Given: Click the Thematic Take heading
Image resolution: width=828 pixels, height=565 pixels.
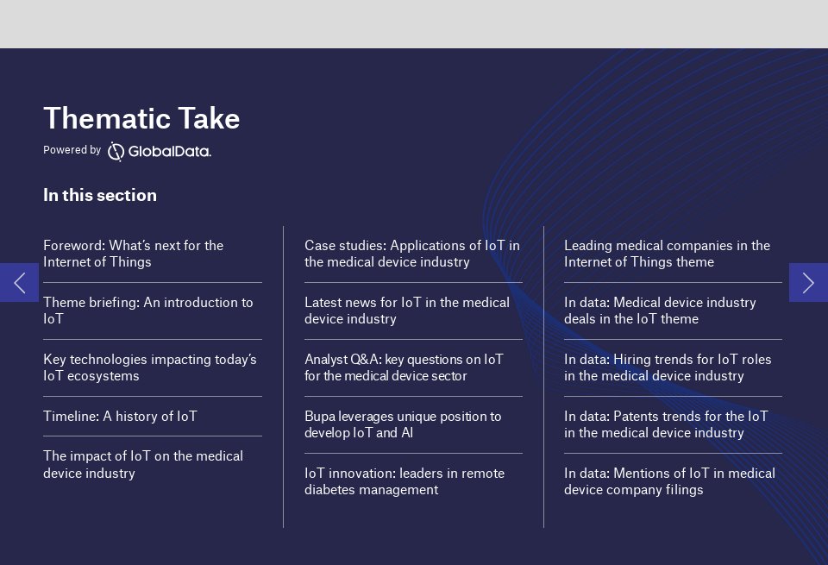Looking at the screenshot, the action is coord(141,118).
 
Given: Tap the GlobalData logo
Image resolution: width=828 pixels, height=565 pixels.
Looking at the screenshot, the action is coord(160,152).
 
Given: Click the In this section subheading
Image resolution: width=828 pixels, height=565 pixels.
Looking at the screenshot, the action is coord(100,195).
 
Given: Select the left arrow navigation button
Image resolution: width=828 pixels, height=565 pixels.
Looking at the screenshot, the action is coord(20,283).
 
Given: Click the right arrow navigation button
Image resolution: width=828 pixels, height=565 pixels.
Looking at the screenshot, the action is coord(808,283).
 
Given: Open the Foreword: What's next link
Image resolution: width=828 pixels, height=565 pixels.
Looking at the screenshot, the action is coord(133,254).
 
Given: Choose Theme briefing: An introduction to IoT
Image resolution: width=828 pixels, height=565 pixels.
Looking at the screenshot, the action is coord(147,311).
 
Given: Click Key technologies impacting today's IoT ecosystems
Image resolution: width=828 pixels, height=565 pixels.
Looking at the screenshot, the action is coord(150,367).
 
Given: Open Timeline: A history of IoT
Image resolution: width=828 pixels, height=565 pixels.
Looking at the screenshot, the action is coord(121,416).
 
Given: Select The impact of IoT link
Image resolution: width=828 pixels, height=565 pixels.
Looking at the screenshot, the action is coord(143,464).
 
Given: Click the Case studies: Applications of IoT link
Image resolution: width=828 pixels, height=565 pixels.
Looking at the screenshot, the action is coord(412,254).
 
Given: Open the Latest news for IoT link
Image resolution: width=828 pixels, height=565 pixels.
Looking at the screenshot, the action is coord(407,311).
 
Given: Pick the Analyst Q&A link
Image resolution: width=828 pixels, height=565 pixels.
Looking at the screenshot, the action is coord(404,367).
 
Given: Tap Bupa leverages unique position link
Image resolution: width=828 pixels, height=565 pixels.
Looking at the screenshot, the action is coord(403,424).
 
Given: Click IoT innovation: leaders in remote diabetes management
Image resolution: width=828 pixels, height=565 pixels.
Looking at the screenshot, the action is coord(405,481).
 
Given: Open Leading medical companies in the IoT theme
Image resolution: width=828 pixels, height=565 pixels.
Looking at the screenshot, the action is coord(667,254).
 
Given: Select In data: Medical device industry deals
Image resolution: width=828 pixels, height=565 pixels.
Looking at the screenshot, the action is coord(660,311).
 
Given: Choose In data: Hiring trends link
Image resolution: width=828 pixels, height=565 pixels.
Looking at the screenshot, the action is coord(668,367).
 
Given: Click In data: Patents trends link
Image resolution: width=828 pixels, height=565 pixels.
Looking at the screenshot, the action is coord(666,424).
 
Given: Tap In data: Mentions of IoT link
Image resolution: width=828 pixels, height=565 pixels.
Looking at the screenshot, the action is coord(669,481).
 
